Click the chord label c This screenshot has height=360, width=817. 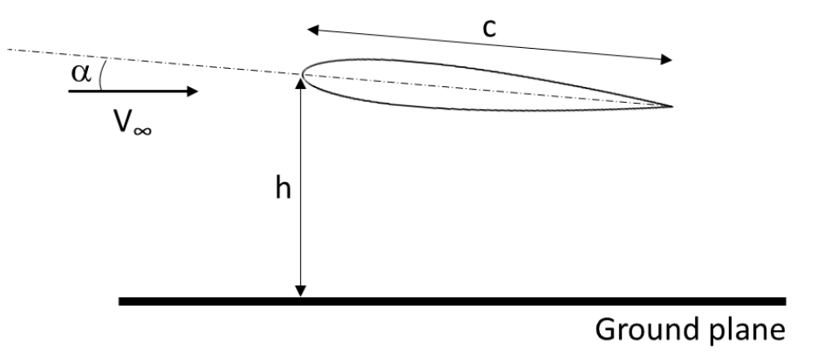point(490,26)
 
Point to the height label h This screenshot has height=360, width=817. point(282,189)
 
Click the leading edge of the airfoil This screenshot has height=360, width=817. point(302,75)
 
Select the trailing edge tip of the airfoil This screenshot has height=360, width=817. point(672,106)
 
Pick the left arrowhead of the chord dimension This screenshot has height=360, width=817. point(311,29)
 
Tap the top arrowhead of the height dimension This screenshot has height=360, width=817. point(302,83)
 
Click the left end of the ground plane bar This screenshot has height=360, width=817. point(121,302)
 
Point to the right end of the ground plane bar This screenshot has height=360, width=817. point(784,302)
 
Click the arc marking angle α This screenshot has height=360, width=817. point(101,74)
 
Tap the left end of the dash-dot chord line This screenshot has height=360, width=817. point(9,51)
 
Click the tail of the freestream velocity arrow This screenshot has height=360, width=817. point(70,90)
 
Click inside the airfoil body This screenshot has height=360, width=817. point(453,87)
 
